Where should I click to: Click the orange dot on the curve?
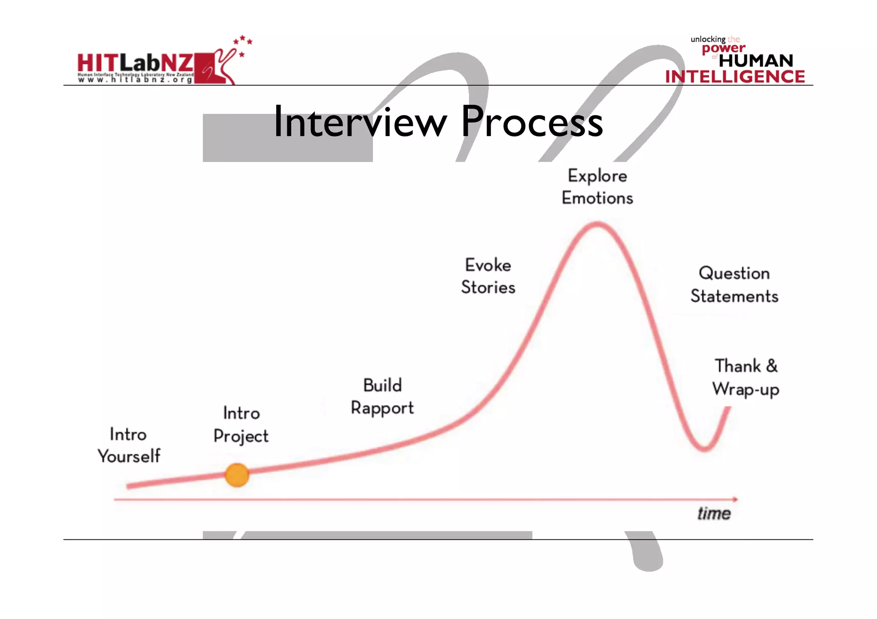pyautogui.click(x=237, y=475)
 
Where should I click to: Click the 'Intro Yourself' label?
pyautogui.click(x=129, y=445)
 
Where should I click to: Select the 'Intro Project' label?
pyautogui.click(x=241, y=425)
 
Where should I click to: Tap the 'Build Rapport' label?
pyautogui.click(x=382, y=397)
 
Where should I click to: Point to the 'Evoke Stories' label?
pyautogui.click(x=488, y=276)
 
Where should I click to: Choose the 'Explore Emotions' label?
pyautogui.click(x=597, y=187)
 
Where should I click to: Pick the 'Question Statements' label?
pyautogui.click(x=734, y=284)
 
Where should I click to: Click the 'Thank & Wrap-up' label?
pyautogui.click(x=746, y=378)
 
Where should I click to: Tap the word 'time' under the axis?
pyautogui.click(x=714, y=513)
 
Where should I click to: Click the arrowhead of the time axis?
pyautogui.click(x=735, y=499)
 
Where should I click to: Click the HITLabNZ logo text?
pyautogui.click(x=135, y=63)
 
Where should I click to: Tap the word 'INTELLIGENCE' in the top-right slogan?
pyautogui.click(x=735, y=77)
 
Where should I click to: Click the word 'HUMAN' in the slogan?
pyautogui.click(x=756, y=61)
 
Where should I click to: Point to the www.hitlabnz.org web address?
pyautogui.click(x=135, y=80)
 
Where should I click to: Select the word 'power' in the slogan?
pyautogui.click(x=724, y=49)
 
